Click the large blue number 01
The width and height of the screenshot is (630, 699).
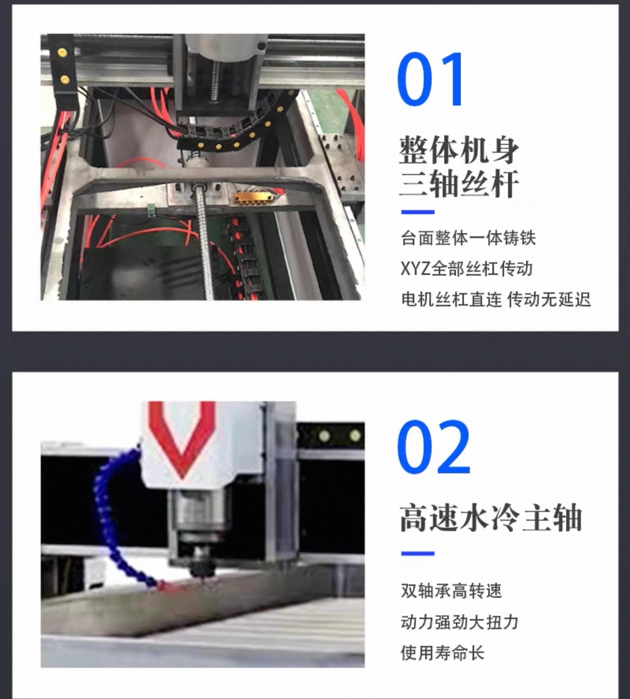pos(431,79)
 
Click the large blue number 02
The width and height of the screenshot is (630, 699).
pos(433,447)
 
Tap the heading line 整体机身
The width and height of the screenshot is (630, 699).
pos(459,150)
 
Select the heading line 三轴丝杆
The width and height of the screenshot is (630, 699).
pos(459,184)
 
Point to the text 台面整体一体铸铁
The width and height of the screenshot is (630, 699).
pos(468,238)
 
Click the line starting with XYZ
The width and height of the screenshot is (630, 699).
pos(466,269)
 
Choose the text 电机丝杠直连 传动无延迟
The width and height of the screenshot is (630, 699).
pos(496,299)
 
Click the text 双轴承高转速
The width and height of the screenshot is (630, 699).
pos(451,591)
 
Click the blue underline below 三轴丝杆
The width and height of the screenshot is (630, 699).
pos(418,212)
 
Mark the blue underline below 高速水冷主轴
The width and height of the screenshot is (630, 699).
pos(418,553)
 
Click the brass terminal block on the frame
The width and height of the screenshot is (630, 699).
pos(253,198)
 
